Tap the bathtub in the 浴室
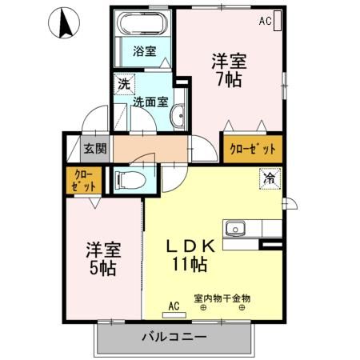[144, 24]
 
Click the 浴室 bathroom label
[144, 50]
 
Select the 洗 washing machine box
[123, 83]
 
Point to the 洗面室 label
[150, 102]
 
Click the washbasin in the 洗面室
[178, 114]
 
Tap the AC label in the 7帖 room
[264, 22]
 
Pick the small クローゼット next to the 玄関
[84, 180]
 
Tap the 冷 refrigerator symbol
[270, 179]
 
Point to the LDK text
[190, 245]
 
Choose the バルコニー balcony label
[175, 337]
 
